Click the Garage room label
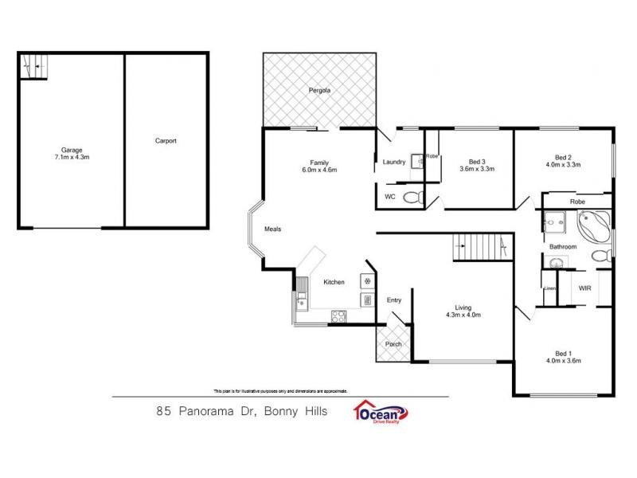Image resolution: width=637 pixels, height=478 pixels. [x=72, y=149]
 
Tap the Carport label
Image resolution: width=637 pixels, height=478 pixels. [x=166, y=141]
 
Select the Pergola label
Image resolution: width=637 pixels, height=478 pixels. [x=319, y=91]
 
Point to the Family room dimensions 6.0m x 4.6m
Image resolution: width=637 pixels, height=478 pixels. [x=319, y=170]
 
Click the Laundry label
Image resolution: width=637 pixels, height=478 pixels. [x=394, y=162]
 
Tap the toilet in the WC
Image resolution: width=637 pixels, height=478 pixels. [x=412, y=198]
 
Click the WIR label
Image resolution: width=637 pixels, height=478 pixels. [x=584, y=288]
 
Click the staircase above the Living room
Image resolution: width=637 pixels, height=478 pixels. [x=478, y=248]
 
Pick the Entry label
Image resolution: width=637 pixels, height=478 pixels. [x=394, y=300]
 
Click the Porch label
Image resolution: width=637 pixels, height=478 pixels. [x=393, y=344]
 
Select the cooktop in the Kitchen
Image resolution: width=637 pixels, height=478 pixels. [x=338, y=315]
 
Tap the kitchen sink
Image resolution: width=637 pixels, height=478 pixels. [x=302, y=300]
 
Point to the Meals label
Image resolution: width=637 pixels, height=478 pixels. [x=273, y=229]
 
